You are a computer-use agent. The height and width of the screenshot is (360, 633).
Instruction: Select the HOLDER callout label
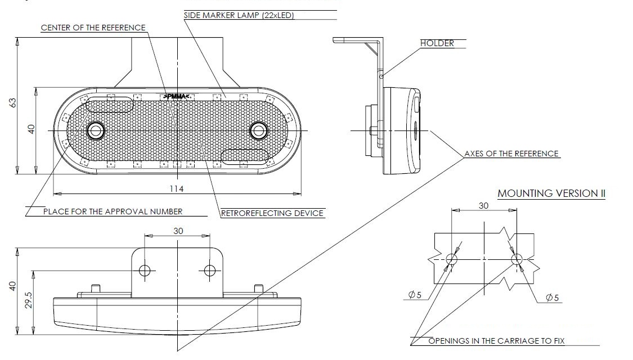tap(437, 43)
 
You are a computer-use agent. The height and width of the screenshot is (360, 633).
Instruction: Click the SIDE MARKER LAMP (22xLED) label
tap(239, 16)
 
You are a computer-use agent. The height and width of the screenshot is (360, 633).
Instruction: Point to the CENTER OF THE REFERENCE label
tap(93, 28)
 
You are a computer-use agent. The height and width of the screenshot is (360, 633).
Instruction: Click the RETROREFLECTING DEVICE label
tap(272, 213)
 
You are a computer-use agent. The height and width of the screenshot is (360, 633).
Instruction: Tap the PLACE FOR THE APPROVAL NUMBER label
tap(113, 211)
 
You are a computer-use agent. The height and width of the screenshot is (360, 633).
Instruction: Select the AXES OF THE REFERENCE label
tap(511, 154)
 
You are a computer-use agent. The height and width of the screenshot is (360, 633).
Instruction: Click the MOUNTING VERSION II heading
tap(551, 193)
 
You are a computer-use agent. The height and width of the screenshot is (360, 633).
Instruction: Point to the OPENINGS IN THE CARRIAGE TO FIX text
tap(497, 341)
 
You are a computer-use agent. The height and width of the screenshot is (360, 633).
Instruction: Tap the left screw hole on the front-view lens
tap(95, 130)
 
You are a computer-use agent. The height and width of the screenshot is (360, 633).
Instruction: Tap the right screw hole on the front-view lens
tap(259, 130)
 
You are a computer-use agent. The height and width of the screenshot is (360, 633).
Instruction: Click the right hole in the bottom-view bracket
tap(210, 271)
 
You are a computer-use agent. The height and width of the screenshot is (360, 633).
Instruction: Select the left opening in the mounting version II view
tap(452, 259)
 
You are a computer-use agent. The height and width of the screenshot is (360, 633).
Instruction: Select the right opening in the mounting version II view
tap(517, 259)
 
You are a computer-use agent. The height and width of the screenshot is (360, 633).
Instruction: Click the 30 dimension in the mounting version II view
tap(483, 205)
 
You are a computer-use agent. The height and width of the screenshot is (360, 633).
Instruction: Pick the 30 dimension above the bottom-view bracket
tap(178, 231)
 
